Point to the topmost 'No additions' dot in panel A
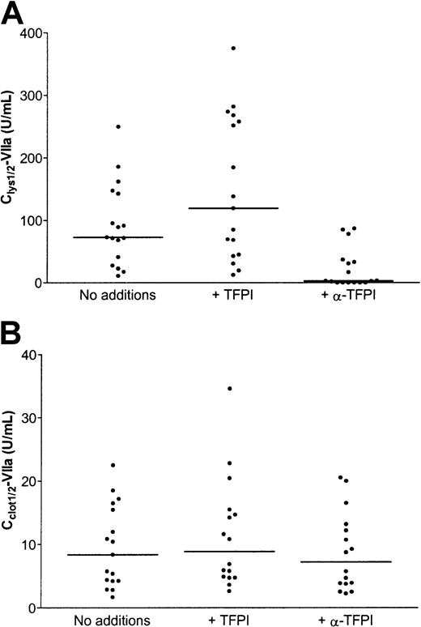pyautogui.click(x=118, y=126)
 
